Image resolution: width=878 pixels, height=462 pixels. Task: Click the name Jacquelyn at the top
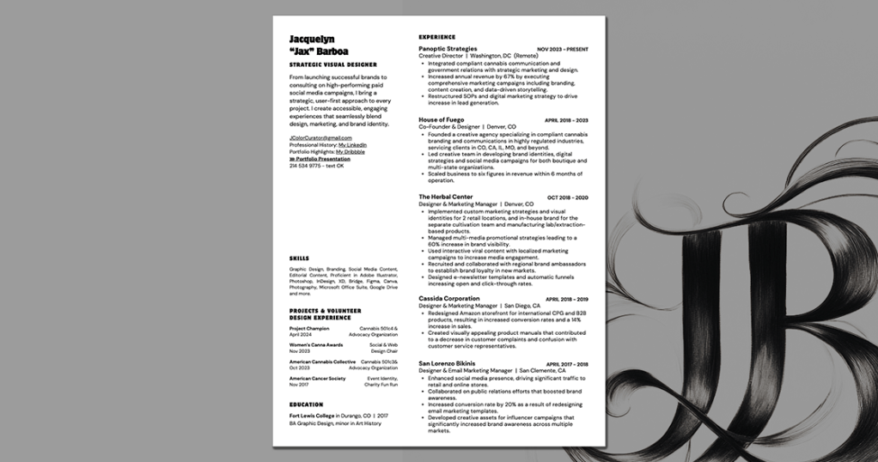coord(312,39)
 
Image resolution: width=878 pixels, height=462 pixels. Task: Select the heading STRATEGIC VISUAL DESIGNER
coord(332,64)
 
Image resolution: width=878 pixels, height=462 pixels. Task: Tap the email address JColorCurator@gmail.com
coord(320,137)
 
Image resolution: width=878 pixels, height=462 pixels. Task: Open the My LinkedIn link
coord(352,145)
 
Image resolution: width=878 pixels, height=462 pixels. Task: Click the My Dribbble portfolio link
coord(350,152)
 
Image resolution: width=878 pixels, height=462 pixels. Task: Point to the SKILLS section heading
coord(299,258)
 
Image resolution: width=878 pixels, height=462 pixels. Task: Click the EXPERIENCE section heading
coord(436,37)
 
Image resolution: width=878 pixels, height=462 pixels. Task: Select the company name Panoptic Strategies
coord(448,49)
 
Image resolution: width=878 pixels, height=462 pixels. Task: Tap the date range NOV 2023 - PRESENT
coord(563,50)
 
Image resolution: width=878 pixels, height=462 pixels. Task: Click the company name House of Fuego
coord(441,119)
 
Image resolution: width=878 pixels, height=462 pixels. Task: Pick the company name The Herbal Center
coord(445,197)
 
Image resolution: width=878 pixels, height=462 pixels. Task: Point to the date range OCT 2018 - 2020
coord(568,198)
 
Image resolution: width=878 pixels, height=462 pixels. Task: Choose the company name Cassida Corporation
coord(448,299)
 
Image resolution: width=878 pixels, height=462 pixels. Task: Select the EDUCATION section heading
coord(306,404)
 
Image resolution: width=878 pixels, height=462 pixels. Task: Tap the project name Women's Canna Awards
coord(315,344)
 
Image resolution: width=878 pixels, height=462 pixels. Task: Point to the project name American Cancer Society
coord(317,378)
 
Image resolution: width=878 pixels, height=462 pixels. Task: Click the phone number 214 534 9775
coord(305,166)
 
